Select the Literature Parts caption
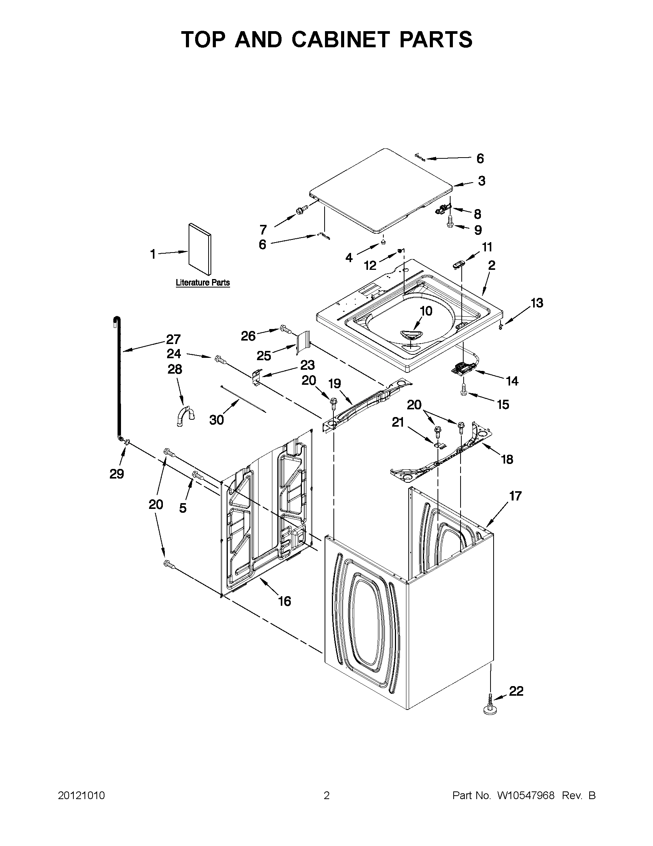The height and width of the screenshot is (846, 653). coord(202,283)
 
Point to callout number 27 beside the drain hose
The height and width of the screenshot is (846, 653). coord(173,339)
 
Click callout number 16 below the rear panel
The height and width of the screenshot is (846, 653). coord(285,601)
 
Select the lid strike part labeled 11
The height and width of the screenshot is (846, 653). coord(458,263)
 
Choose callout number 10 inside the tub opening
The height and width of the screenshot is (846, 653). coord(426,311)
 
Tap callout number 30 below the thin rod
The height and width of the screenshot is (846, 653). coord(216,419)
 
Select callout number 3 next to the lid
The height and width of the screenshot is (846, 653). coord(481,181)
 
